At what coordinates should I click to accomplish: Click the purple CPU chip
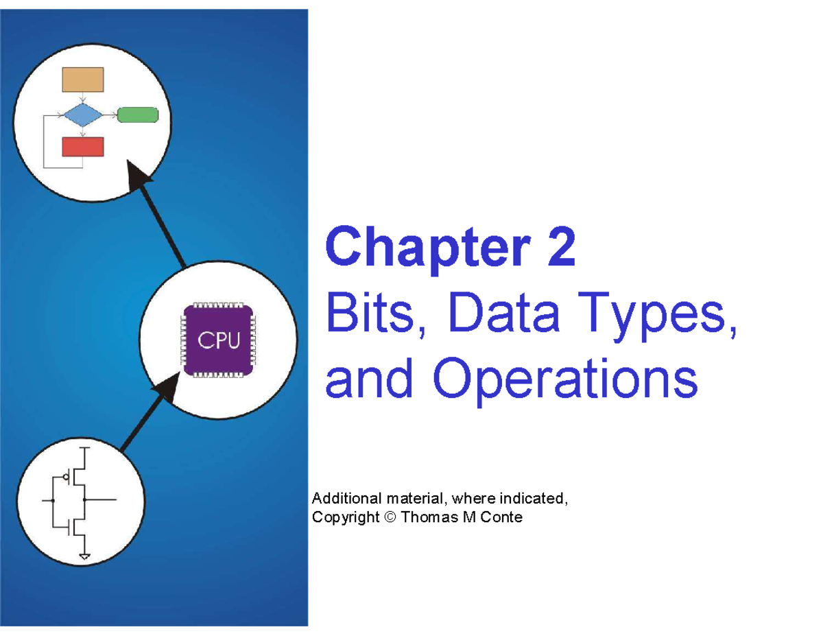pyautogui.click(x=218, y=340)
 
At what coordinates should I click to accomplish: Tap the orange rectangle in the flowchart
pyautogui.click(x=83, y=80)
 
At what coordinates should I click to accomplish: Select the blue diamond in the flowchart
pyautogui.click(x=83, y=115)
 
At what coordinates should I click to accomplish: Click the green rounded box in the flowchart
pyautogui.click(x=138, y=115)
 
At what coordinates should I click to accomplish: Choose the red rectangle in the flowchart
pyautogui.click(x=83, y=147)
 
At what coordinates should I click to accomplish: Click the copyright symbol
pyautogui.click(x=390, y=517)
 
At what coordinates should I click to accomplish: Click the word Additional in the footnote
pyautogui.click(x=340, y=498)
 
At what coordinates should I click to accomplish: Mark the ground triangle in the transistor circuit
pyautogui.click(x=85, y=557)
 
